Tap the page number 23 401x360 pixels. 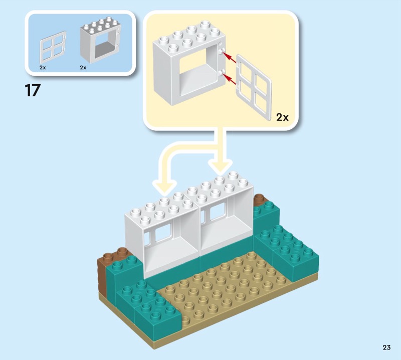click(x=386, y=347)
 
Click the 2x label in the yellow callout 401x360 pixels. click(x=283, y=117)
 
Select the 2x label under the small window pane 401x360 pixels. click(x=43, y=66)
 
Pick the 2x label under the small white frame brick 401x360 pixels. click(x=83, y=66)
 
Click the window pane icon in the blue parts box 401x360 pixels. click(x=52, y=48)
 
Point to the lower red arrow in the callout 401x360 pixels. click(x=229, y=78)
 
